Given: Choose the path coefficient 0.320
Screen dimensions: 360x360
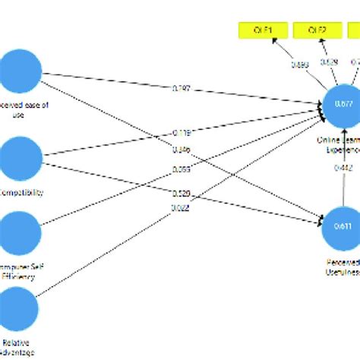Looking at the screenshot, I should click(180, 193).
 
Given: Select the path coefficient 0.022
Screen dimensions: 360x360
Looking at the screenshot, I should click(180, 208).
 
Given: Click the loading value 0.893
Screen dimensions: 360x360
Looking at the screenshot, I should click(300, 65).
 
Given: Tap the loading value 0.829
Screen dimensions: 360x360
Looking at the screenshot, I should click(329, 62).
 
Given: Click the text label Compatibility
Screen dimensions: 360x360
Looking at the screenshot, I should click(23, 192).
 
